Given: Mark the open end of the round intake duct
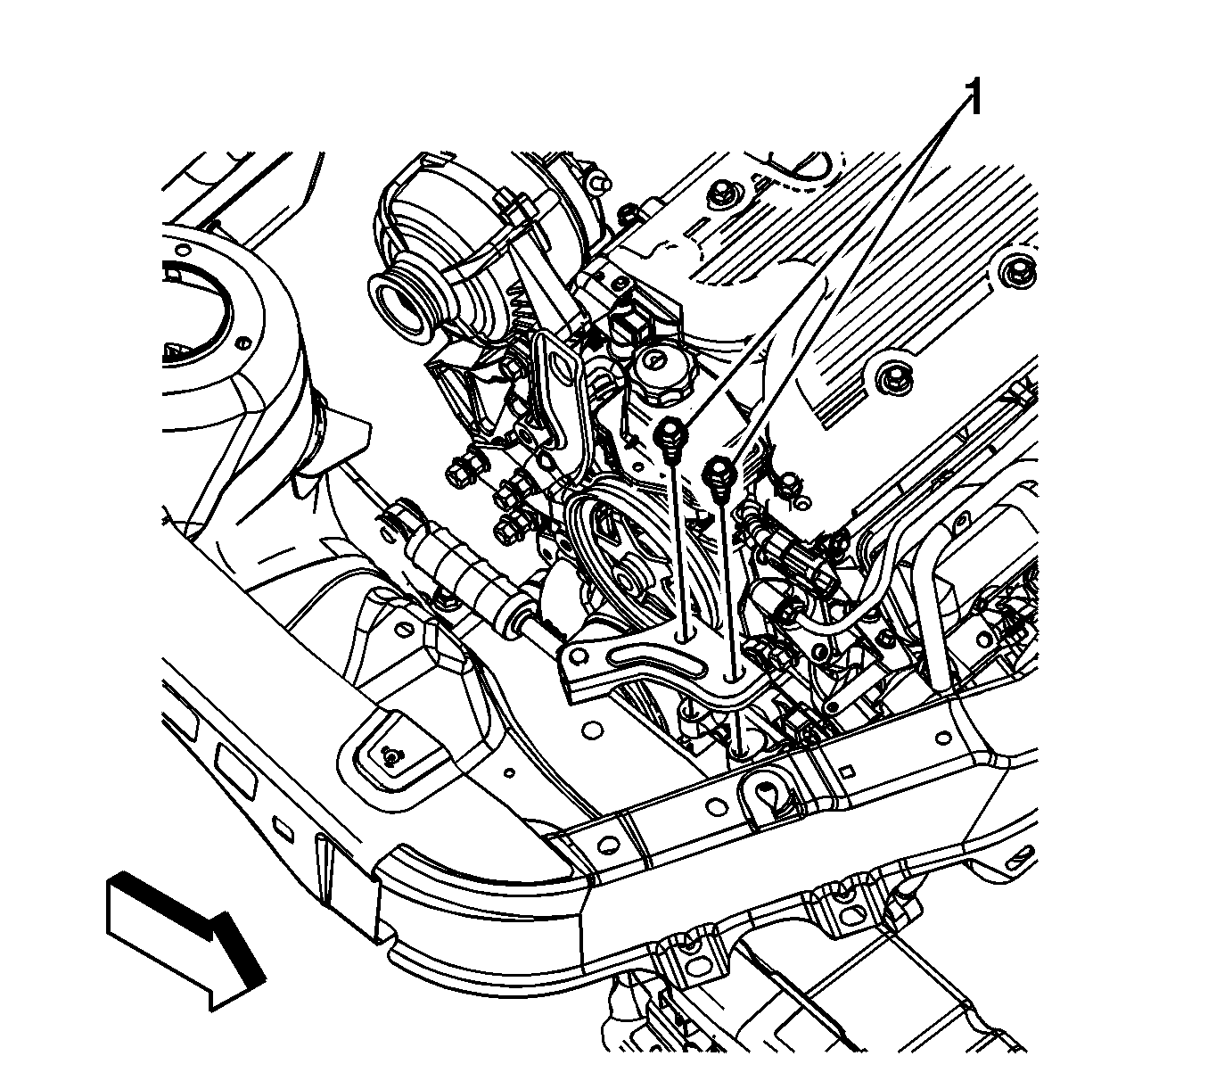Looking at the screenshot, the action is click(400, 301).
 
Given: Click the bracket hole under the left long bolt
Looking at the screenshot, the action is click(685, 637).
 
